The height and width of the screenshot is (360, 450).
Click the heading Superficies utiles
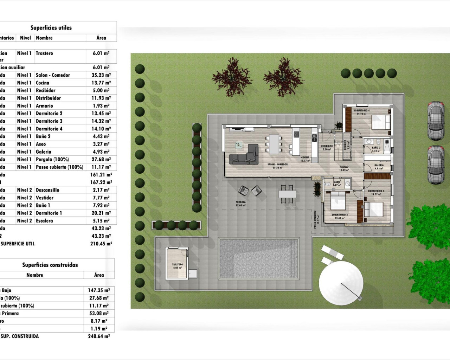51,28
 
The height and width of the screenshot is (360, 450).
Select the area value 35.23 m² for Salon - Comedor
101,75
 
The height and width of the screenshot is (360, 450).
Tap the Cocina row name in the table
43,83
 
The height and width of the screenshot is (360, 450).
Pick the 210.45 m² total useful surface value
101,244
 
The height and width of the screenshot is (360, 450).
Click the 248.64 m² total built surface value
99,336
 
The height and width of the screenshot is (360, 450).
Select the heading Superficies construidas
50,265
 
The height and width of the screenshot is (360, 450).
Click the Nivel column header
25,38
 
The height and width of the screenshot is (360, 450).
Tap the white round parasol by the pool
341,283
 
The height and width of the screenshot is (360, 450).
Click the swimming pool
259,258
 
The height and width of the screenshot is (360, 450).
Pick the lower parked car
436,165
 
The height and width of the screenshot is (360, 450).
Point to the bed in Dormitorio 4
381,122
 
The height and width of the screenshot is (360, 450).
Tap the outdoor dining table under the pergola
287,194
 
